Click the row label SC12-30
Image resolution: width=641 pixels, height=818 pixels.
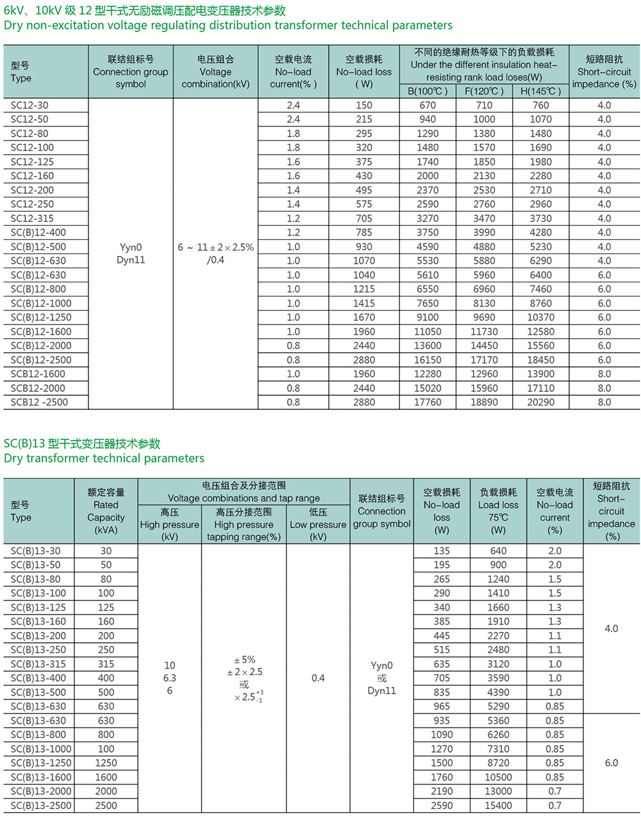(29, 105)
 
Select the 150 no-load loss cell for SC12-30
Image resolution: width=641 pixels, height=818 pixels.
(363, 105)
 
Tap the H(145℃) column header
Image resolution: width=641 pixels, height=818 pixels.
(540, 91)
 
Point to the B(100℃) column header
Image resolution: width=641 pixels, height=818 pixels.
(428, 91)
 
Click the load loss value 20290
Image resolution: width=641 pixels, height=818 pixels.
(540, 402)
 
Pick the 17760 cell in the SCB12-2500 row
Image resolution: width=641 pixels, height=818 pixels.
(428, 402)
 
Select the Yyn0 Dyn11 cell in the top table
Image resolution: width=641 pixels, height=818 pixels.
(131, 253)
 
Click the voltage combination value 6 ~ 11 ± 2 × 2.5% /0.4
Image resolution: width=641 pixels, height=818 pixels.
(215, 253)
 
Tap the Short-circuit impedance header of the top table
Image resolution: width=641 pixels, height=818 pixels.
(604, 71)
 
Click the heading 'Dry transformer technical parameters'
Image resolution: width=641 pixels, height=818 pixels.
(104, 458)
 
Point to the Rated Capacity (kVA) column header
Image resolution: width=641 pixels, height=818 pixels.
(106, 511)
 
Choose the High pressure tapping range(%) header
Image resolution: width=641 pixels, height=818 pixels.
(244, 524)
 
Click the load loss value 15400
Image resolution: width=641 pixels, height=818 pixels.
(498, 805)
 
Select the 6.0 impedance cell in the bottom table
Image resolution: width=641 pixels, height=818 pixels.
(611, 763)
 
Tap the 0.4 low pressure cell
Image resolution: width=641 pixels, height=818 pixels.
(318, 678)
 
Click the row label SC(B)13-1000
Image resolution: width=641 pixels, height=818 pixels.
(41, 749)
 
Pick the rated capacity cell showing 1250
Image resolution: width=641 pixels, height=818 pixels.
(106, 763)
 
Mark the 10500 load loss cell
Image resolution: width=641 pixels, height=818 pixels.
(498, 777)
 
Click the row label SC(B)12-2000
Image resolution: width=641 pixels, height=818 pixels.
(41, 346)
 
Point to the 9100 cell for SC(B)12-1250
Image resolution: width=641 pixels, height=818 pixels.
(428, 318)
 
